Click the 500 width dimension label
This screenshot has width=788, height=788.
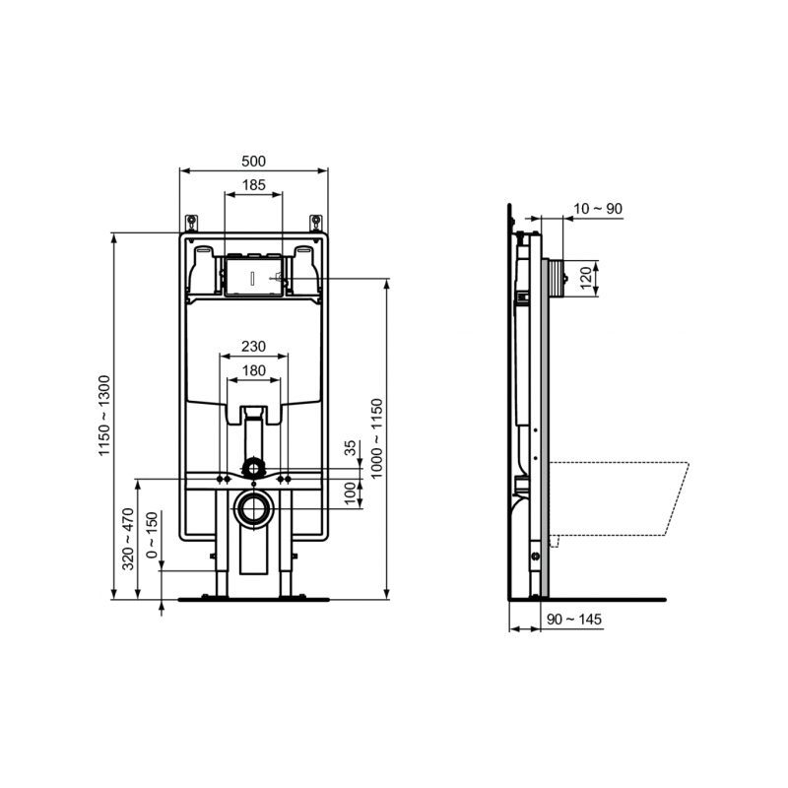254,161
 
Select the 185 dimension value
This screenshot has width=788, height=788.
254,185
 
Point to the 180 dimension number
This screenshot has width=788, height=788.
254,370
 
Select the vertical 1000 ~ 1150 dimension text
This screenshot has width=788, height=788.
375,438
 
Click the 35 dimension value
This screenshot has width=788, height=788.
352,448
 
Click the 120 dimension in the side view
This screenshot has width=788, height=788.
585,278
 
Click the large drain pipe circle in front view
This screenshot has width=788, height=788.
254,509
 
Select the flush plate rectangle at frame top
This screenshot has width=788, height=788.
254,275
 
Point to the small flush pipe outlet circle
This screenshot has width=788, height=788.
254,464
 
